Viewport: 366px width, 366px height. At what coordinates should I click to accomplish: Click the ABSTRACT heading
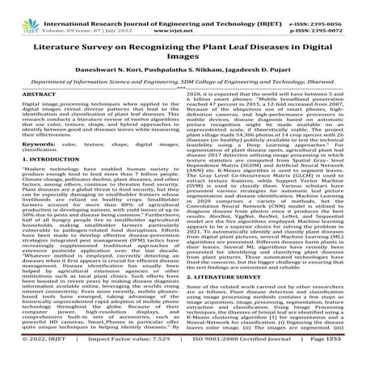[x=35, y=118]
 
